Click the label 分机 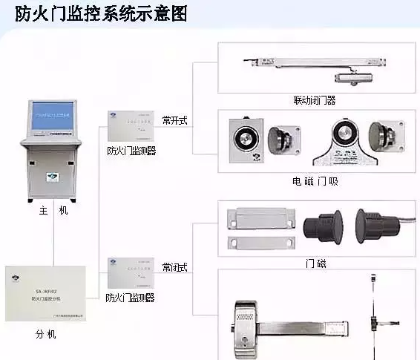tap(46, 334)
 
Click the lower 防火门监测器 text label tap(131, 298)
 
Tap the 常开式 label tap(175, 119)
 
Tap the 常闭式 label tap(175, 266)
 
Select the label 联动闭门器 tap(315, 99)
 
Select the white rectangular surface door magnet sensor tap(255, 228)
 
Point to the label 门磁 tap(315, 263)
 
